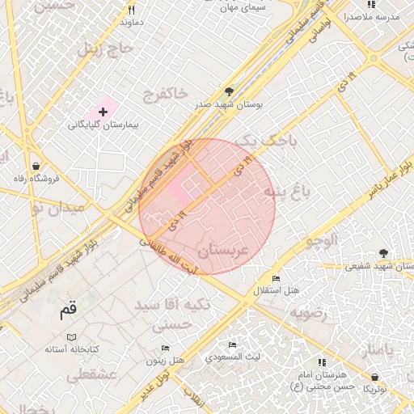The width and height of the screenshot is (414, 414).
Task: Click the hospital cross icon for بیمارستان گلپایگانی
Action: click(x=103, y=111)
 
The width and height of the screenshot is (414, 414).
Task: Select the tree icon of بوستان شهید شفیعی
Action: click(x=383, y=254)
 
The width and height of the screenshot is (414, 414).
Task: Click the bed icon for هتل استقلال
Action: click(x=277, y=278)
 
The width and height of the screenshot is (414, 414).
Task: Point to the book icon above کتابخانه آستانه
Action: click(x=71, y=336)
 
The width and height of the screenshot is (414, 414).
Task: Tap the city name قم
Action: click(x=69, y=310)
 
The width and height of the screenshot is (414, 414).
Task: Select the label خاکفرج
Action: click(x=166, y=96)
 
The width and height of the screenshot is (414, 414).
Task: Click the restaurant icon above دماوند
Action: click(x=132, y=11)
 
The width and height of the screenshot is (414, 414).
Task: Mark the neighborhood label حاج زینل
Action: click(x=102, y=50)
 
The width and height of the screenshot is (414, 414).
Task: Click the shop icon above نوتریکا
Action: click(x=375, y=377)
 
